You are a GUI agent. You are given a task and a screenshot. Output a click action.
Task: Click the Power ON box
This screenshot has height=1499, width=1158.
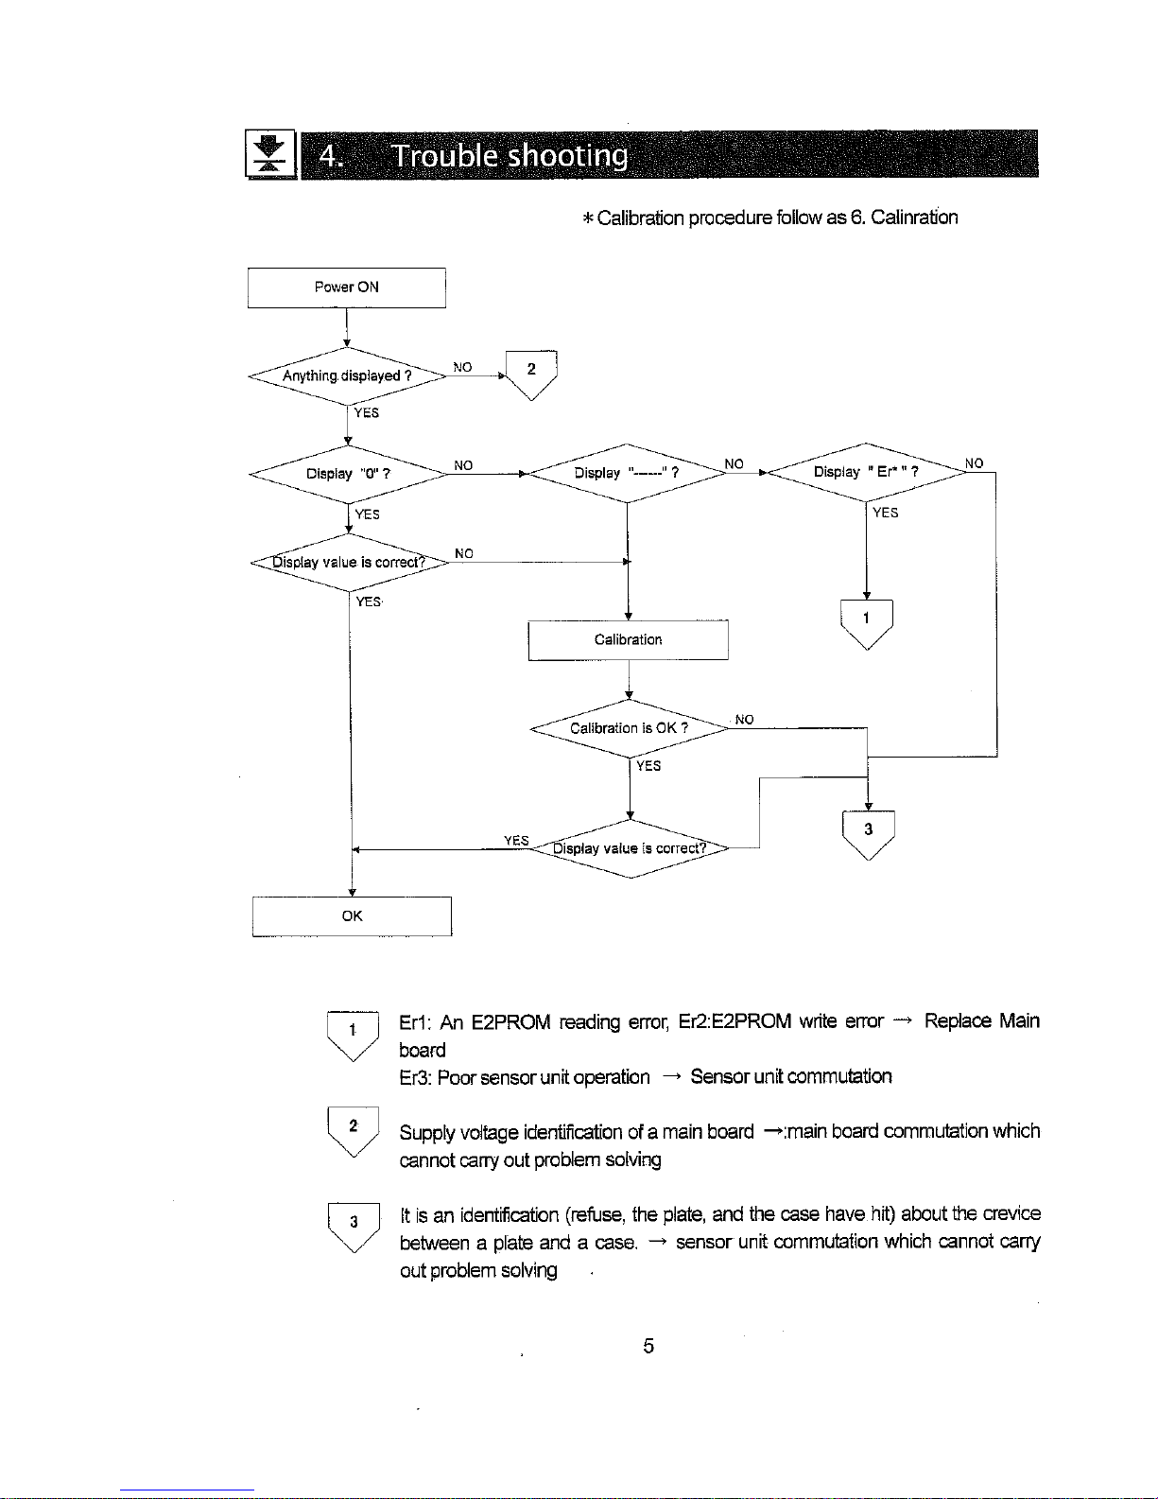pyautogui.click(x=347, y=288)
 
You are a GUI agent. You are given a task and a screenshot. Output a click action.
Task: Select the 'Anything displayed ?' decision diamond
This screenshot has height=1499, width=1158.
pyautogui.click(x=348, y=376)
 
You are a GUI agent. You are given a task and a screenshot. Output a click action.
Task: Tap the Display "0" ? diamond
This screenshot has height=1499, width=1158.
pyautogui.click(x=348, y=474)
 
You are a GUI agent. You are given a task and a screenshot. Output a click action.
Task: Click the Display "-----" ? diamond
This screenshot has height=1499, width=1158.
pyautogui.click(x=627, y=473)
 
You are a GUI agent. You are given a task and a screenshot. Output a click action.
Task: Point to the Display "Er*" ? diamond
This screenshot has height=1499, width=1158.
pyautogui.click(x=867, y=472)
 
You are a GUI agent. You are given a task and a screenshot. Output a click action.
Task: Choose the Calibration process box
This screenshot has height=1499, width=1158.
pyautogui.click(x=628, y=640)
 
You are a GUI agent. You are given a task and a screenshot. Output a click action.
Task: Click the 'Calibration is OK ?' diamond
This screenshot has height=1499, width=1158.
pyautogui.click(x=630, y=728)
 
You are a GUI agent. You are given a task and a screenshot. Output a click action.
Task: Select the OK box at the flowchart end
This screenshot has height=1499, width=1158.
pyautogui.click(x=353, y=916)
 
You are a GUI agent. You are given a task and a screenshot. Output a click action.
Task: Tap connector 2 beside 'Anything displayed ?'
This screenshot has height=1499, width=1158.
pyautogui.click(x=531, y=375)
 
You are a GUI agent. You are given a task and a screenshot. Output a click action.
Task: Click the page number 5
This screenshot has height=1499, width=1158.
pyautogui.click(x=648, y=1345)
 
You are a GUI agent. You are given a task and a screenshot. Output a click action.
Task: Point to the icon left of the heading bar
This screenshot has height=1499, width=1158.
pyautogui.click(x=270, y=154)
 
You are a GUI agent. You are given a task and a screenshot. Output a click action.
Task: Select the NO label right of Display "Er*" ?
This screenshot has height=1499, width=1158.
pyautogui.click(x=974, y=463)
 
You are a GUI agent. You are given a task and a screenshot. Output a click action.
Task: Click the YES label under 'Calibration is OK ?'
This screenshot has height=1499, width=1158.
pyautogui.click(x=648, y=766)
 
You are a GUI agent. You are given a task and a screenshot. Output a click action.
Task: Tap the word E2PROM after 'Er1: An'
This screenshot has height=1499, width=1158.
pyautogui.click(x=510, y=1021)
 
